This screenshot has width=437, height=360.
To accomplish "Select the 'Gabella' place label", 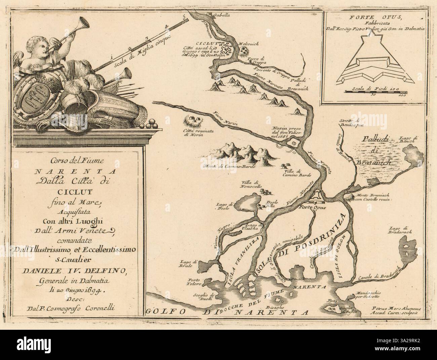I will (x=222, y=15).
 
